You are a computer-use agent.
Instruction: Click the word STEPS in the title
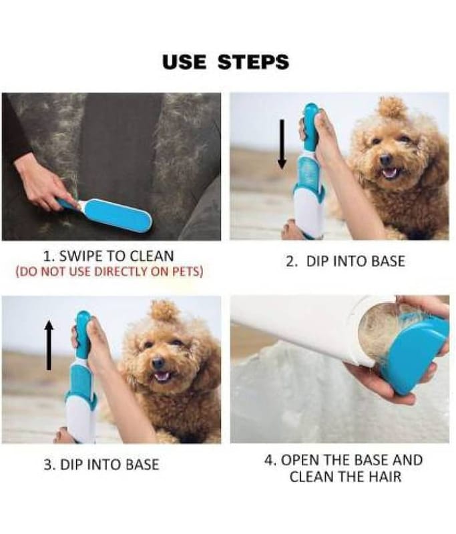tap(254, 62)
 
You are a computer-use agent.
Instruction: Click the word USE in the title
tap(184, 62)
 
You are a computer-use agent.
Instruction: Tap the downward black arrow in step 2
tap(282, 144)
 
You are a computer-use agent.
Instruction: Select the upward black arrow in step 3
tap(49, 346)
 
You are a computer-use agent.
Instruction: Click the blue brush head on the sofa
tap(118, 215)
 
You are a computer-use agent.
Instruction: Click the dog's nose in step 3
tap(158, 363)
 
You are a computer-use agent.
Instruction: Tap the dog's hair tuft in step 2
tap(393, 107)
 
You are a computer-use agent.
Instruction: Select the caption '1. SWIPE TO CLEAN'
tap(109, 256)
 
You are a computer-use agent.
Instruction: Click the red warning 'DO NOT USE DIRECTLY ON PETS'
tap(109, 272)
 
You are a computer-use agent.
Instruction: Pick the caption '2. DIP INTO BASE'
tap(346, 261)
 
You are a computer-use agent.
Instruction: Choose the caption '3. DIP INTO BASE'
tap(101, 465)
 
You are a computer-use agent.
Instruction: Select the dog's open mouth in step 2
tap(391, 172)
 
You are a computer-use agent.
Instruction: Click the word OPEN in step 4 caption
tap(298, 460)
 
